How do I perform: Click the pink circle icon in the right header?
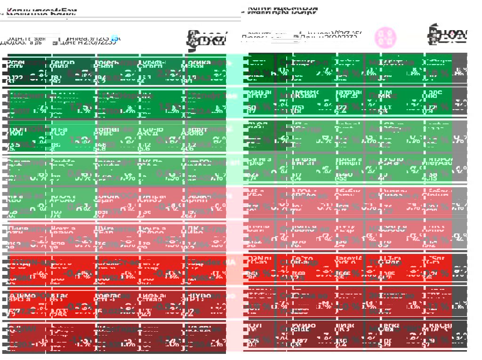pyautogui.click(x=385, y=37)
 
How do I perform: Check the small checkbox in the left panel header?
pyautogui.click(x=55, y=42)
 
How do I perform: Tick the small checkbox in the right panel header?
pyautogui.click(x=296, y=36)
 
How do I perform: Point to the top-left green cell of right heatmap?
pyautogui.click(x=259, y=71)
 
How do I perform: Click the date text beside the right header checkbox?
pyautogui.click(x=329, y=36)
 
